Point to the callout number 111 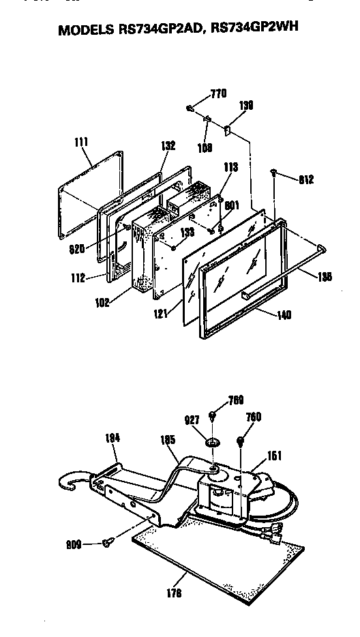tap(82, 143)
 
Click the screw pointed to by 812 tap(274, 174)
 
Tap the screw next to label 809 tap(106, 543)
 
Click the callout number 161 tap(274, 456)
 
